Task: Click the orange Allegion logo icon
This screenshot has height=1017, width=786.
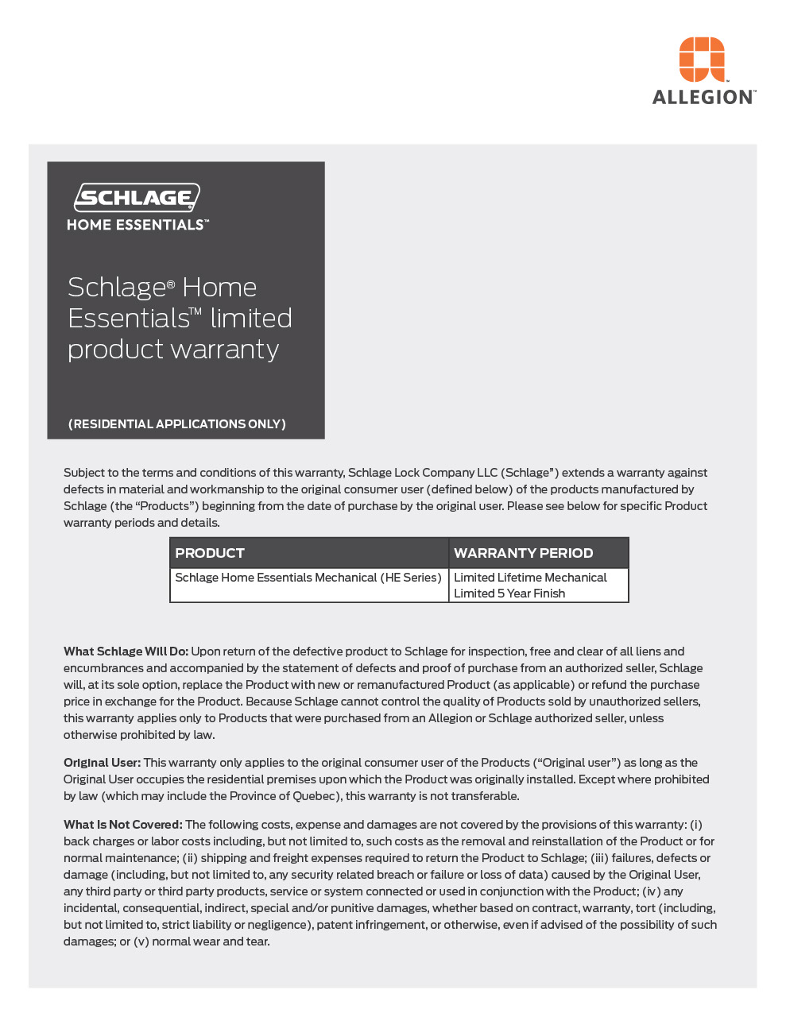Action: pos(702,59)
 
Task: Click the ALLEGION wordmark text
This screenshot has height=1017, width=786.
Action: pos(703,98)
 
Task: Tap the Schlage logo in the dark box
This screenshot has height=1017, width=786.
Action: pos(137,197)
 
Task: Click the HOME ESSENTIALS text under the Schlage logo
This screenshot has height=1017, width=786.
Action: pos(137,225)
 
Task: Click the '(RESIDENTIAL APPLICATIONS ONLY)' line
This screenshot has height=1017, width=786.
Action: pos(177,424)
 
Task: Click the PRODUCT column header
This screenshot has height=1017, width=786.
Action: pos(210,553)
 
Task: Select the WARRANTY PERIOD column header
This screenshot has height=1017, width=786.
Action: pos(523,553)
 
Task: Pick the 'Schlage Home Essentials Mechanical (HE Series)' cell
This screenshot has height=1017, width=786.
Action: pos(308,578)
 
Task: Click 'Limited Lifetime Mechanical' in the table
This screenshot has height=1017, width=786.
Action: pos(530,578)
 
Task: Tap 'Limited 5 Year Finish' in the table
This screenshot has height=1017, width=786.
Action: pos(509,594)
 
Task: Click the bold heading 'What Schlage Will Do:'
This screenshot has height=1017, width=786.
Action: pos(126,652)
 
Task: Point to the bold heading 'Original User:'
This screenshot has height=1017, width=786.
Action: pos(102,763)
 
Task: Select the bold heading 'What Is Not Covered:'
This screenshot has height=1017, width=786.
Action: pos(123,825)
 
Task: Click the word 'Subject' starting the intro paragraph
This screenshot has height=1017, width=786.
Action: pos(83,473)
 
